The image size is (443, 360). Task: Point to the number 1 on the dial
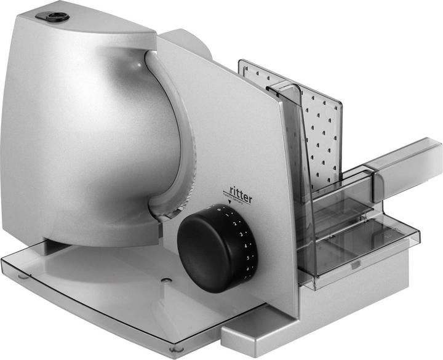click(229, 216)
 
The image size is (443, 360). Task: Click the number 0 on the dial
click(221, 209)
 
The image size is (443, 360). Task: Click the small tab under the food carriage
click(355, 265)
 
